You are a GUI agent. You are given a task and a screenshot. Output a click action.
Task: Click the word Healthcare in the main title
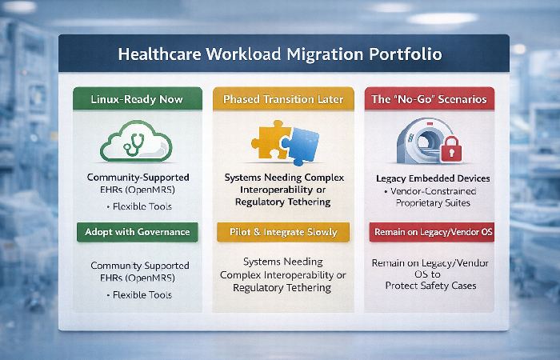click(x=158, y=57)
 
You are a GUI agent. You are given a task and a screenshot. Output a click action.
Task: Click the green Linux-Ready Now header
click(x=134, y=100)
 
